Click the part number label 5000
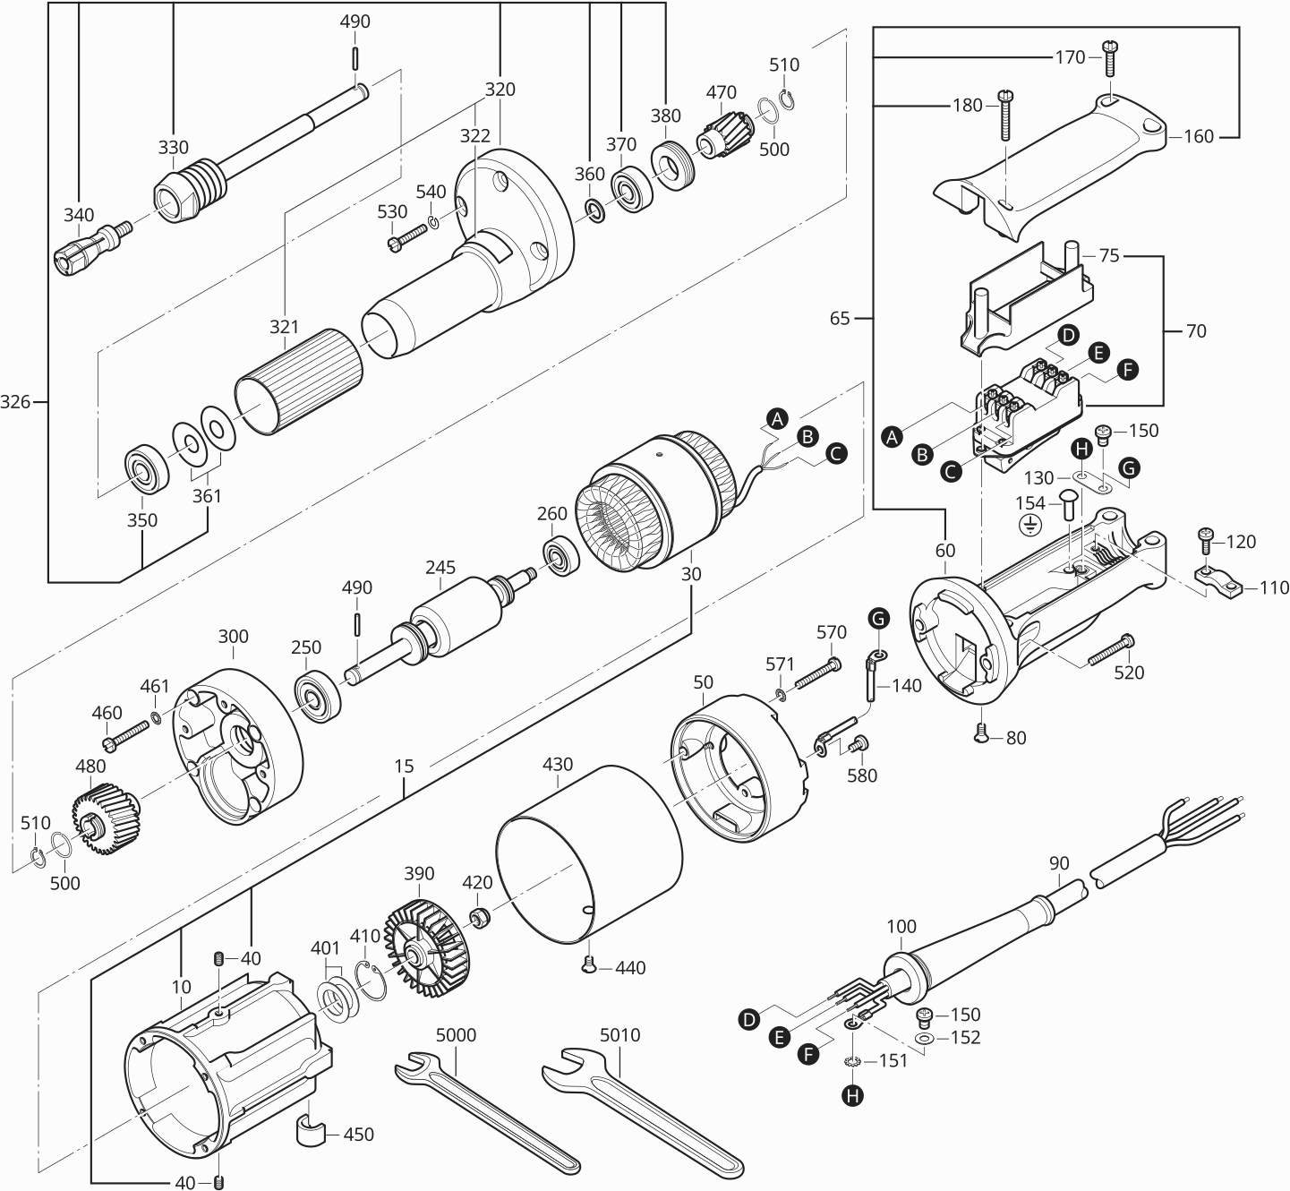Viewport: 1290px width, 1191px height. click(456, 1034)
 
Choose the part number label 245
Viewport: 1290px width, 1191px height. click(440, 567)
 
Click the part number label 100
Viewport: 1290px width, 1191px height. click(901, 925)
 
